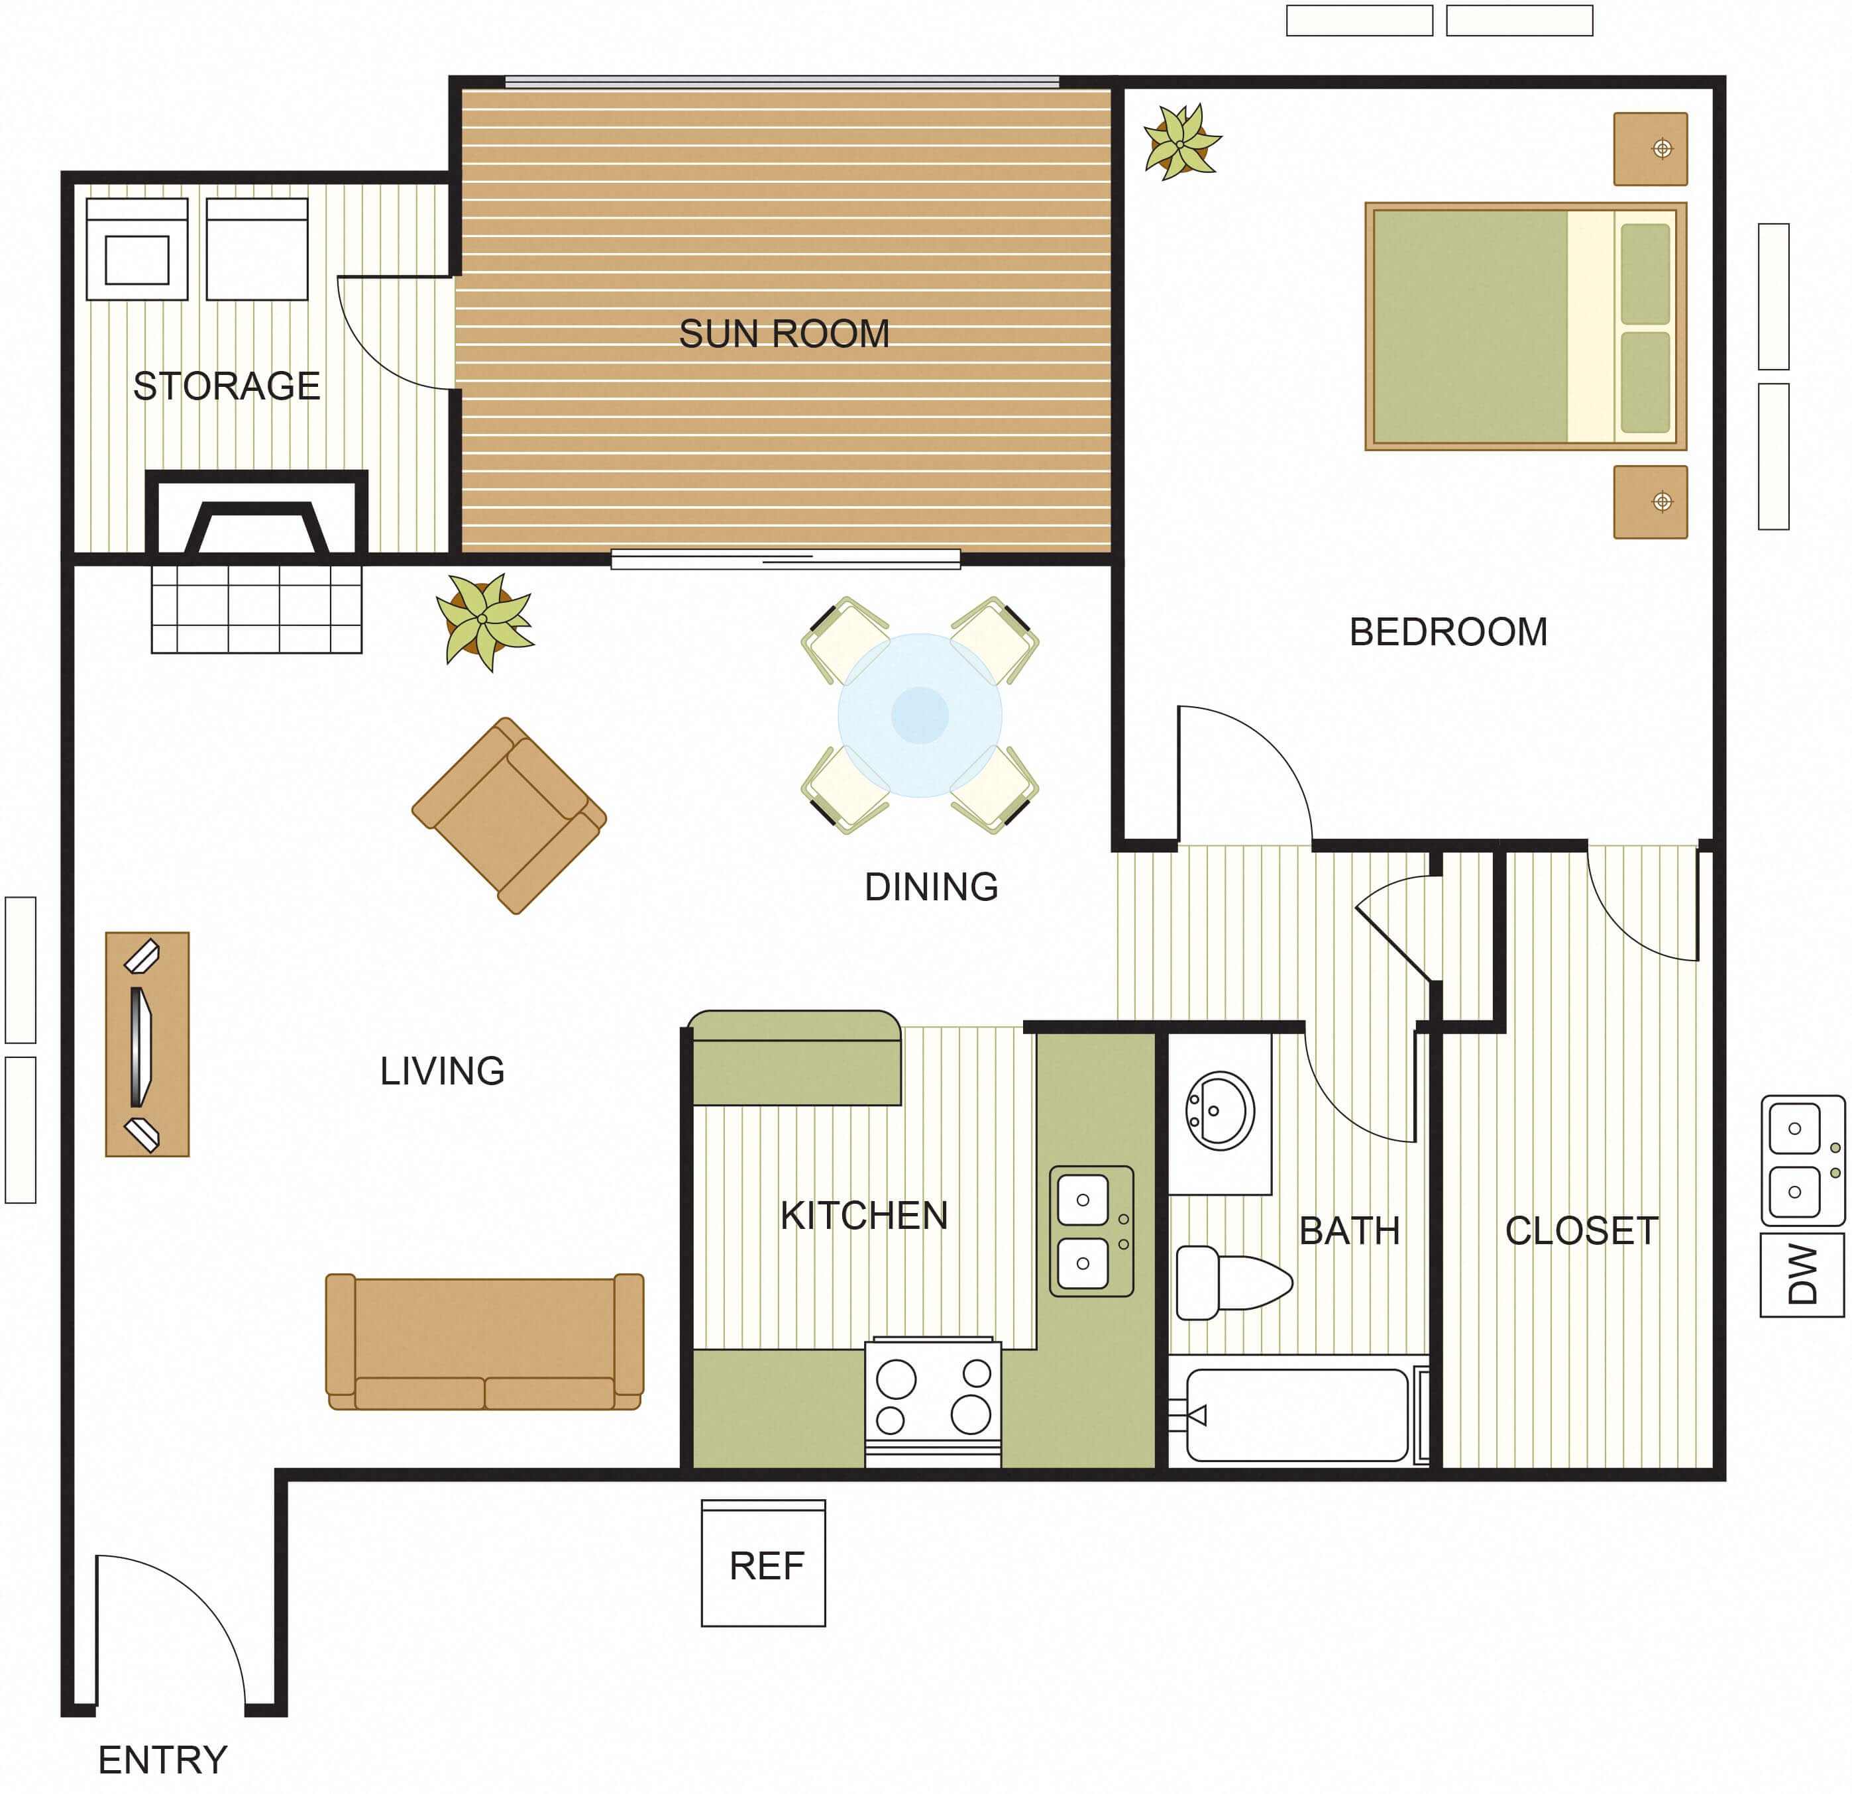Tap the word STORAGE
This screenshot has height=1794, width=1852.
[227, 386]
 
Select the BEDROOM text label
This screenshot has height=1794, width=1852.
[1448, 632]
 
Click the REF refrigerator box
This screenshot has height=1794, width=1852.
[763, 1563]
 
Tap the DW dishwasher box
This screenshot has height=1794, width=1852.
[1802, 1275]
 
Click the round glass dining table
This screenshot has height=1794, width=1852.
[920, 715]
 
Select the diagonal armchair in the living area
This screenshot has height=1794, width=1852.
[510, 816]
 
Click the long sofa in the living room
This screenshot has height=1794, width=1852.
[485, 1342]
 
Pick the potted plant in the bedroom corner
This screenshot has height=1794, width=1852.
[1181, 142]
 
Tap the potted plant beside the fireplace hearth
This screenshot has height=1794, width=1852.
[485, 621]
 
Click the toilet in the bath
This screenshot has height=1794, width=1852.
[1234, 1282]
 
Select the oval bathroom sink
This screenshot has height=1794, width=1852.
[1221, 1111]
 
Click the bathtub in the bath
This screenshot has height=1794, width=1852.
[1297, 1415]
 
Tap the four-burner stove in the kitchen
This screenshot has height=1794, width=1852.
[932, 1401]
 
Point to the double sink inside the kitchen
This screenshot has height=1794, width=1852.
[1091, 1231]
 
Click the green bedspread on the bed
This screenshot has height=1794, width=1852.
[1470, 327]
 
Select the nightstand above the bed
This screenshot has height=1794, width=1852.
[1651, 149]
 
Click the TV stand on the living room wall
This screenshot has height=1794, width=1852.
[147, 1045]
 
